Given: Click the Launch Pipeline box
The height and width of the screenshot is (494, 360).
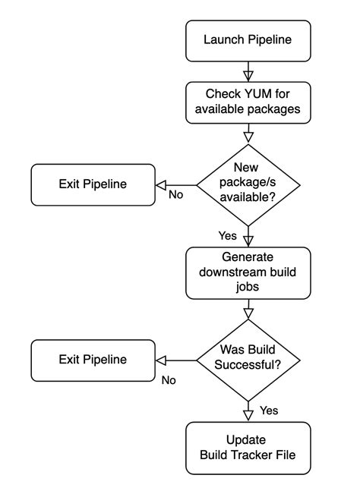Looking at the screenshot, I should point(248,40).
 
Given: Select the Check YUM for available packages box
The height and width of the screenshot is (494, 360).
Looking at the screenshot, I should point(248,101).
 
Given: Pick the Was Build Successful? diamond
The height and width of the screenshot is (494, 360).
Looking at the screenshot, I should point(248,359).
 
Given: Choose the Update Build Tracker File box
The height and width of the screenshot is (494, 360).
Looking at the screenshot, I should point(248,448).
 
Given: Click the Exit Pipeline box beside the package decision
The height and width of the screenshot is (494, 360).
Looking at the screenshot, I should point(93,184).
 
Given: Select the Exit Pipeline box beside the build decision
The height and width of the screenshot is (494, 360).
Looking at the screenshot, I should point(93,359).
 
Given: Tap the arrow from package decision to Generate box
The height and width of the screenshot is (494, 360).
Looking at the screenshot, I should point(248,235).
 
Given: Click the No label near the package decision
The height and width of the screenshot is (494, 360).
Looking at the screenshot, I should point(175,195).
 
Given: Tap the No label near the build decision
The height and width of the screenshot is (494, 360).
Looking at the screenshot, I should point(169,379).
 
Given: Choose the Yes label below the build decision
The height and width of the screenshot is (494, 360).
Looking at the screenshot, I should point(270,411).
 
